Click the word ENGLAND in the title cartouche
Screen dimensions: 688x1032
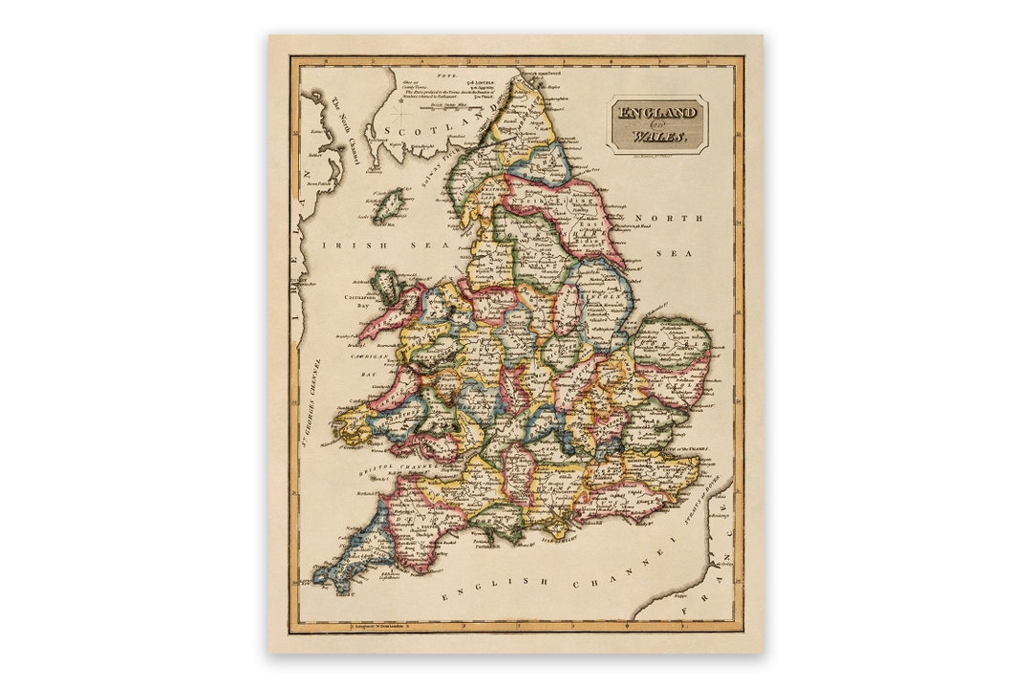point(657,113)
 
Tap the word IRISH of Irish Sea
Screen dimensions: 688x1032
point(343,246)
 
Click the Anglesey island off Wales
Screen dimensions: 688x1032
point(387,283)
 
